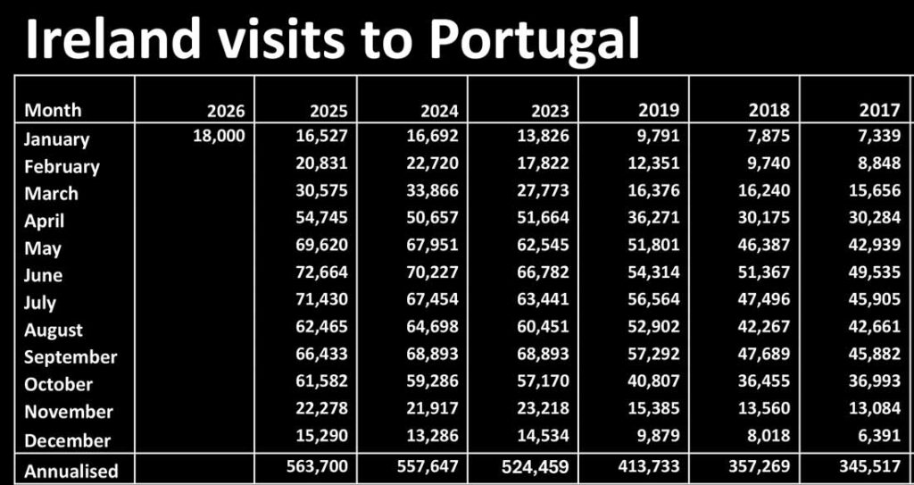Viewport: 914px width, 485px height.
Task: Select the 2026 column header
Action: pyautogui.click(x=226, y=111)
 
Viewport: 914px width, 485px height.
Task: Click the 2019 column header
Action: pyautogui.click(x=659, y=111)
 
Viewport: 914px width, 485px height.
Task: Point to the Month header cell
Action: pyautogui.click(x=53, y=110)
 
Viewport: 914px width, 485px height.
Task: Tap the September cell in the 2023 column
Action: pyautogui.click(x=543, y=356)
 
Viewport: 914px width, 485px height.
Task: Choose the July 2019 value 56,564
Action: pyautogui.click(x=653, y=301)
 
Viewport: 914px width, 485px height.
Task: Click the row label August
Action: pyautogui.click(x=54, y=330)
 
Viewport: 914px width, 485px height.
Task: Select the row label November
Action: pyautogui.click(x=69, y=412)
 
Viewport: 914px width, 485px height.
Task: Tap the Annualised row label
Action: pyautogui.click(x=71, y=470)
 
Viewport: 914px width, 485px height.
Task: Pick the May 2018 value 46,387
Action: pyautogui.click(x=764, y=247)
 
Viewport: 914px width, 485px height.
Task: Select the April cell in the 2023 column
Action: pyautogui.click(x=543, y=219)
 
